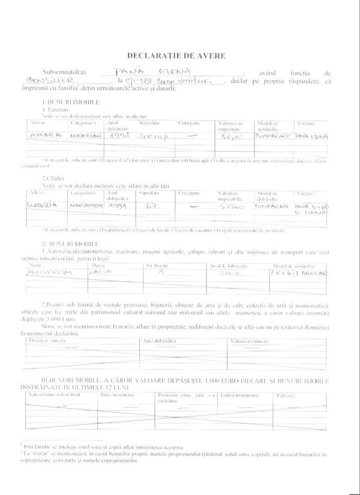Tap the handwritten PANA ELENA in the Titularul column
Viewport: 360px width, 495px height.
click(313, 136)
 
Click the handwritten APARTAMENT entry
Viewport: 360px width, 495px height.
click(82, 205)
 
